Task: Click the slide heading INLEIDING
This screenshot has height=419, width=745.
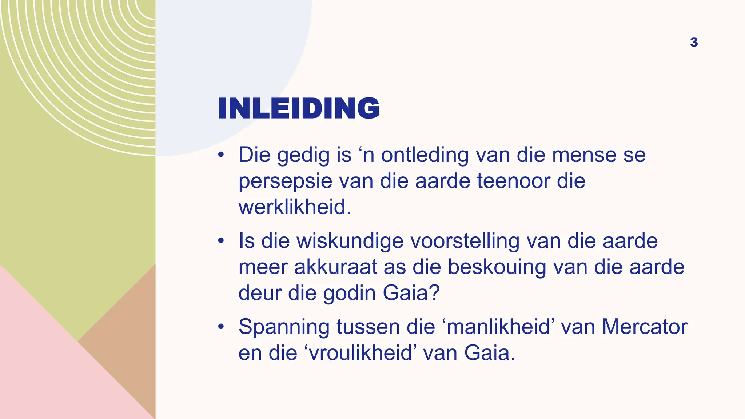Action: click(x=298, y=108)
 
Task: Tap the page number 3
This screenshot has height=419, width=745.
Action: click(x=694, y=43)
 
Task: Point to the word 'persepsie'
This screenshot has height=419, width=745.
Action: click(x=285, y=181)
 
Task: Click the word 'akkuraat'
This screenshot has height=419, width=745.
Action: click(x=335, y=267)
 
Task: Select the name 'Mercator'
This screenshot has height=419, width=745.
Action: click(x=644, y=327)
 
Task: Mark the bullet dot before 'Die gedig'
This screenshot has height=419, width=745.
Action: click(x=221, y=155)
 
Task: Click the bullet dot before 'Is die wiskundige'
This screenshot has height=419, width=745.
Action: click(x=221, y=241)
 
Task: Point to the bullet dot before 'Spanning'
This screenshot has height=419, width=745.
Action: click(x=221, y=327)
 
